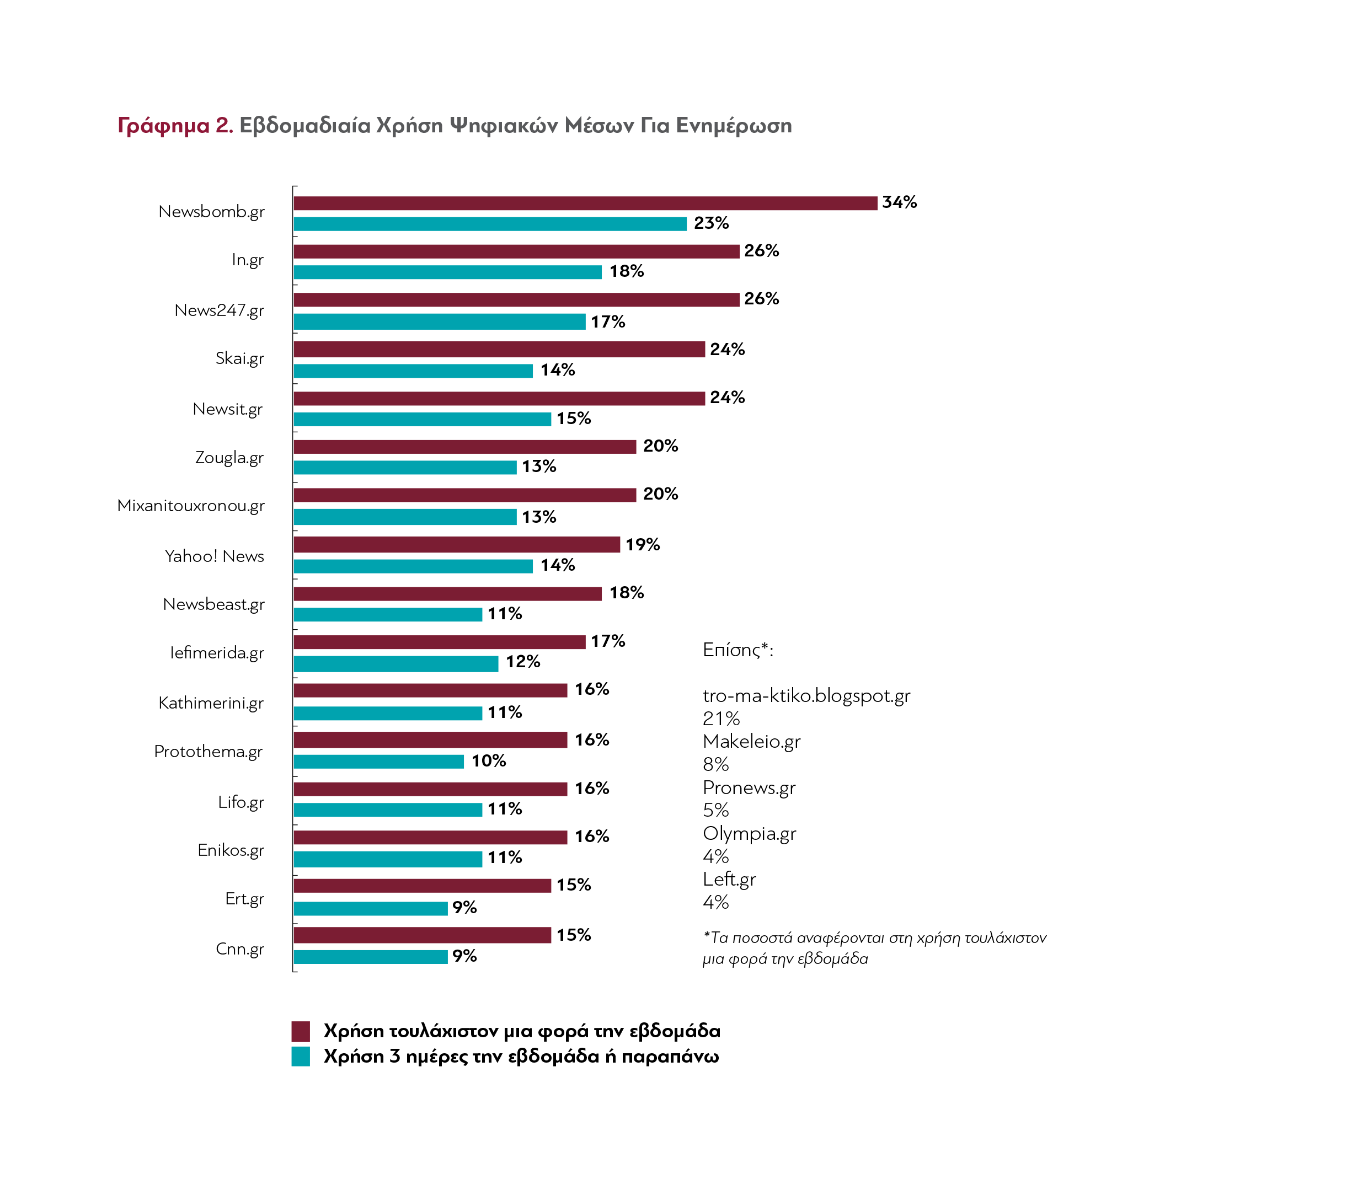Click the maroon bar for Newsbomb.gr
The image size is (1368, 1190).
(585, 203)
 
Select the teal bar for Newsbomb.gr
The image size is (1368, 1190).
(490, 224)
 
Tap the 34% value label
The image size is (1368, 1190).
(900, 202)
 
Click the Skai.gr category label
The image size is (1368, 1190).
(239, 358)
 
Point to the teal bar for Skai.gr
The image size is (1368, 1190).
(413, 371)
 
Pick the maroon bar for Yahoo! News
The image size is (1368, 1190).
(456, 544)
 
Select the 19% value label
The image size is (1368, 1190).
(643, 544)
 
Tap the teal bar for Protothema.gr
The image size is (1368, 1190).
(379, 762)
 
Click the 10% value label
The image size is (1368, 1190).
(488, 761)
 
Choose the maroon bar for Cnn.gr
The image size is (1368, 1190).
(423, 935)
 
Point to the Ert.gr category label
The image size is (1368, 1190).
(244, 899)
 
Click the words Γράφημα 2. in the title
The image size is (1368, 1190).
(175, 126)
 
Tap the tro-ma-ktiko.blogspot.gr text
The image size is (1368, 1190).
(806, 696)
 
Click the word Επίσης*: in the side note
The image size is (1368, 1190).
(738, 650)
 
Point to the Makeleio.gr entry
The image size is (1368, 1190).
(751, 741)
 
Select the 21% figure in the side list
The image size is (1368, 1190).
(721, 719)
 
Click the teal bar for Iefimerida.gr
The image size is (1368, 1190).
(396, 664)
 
